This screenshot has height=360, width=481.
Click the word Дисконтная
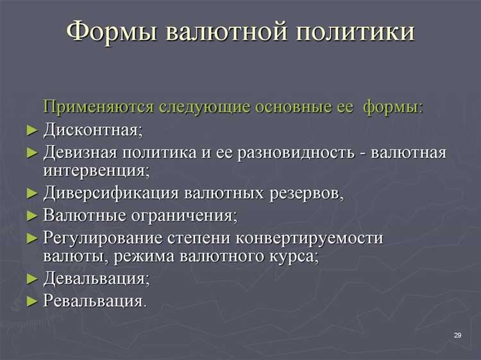click(x=92, y=130)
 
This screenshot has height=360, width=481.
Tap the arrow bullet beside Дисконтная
click(x=33, y=131)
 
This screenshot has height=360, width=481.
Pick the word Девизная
click(x=81, y=153)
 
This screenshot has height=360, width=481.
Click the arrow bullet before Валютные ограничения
click(x=33, y=216)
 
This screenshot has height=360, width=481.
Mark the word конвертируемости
click(x=309, y=238)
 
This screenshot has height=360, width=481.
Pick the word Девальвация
click(x=96, y=279)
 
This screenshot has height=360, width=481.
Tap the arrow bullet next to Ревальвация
click(x=33, y=301)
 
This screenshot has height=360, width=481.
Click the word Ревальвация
click(x=94, y=300)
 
